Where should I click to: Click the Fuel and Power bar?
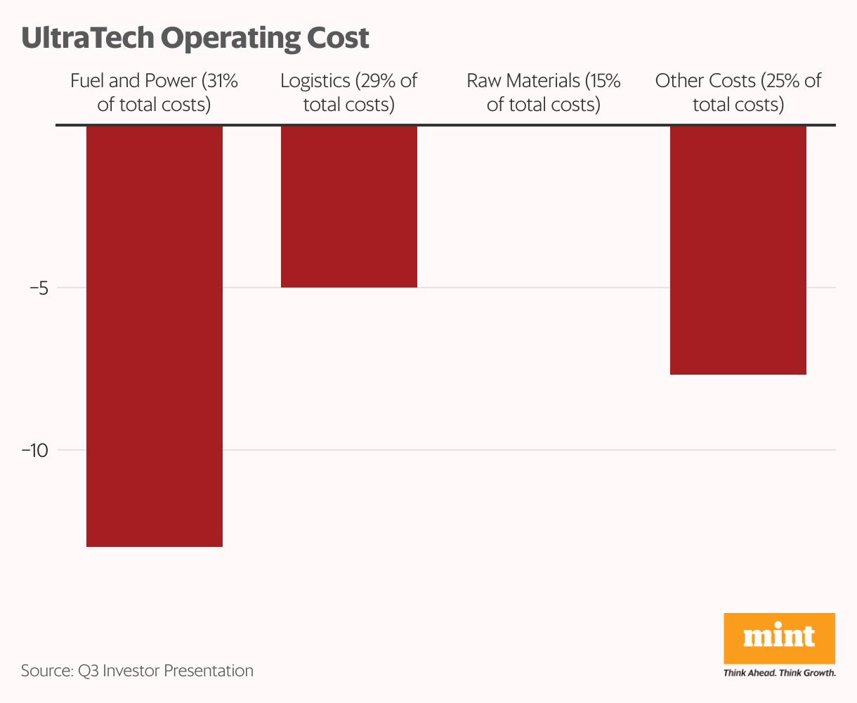(155, 336)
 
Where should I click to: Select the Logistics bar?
(349, 207)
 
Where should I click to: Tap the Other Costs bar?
(738, 250)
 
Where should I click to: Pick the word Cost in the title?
(337, 38)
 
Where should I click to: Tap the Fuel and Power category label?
(155, 93)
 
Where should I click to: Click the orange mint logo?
(779, 638)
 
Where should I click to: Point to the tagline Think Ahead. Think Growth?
(779, 673)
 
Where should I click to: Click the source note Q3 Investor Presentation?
(164, 671)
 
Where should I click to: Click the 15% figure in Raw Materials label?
(606, 81)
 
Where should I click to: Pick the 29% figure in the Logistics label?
(379, 81)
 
